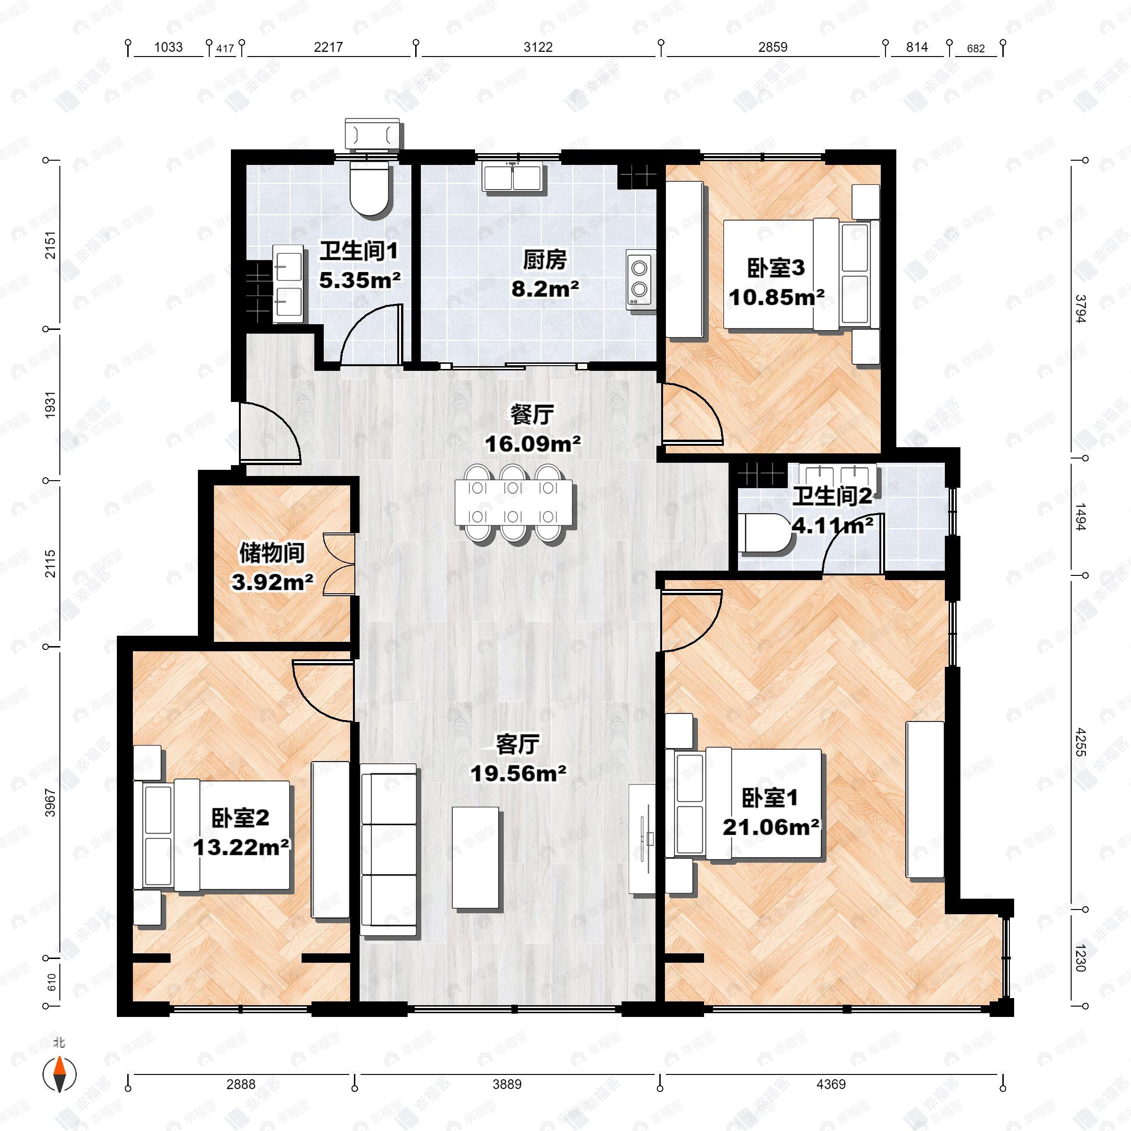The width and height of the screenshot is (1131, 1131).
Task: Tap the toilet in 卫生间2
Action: (763, 533)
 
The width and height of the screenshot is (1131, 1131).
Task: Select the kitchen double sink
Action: (513, 177)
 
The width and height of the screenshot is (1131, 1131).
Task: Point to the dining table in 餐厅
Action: (513, 502)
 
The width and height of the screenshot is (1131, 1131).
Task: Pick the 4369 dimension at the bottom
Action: (831, 1083)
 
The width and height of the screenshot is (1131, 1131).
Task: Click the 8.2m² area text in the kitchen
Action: (545, 288)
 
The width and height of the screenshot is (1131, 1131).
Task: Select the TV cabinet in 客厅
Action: (642, 839)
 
